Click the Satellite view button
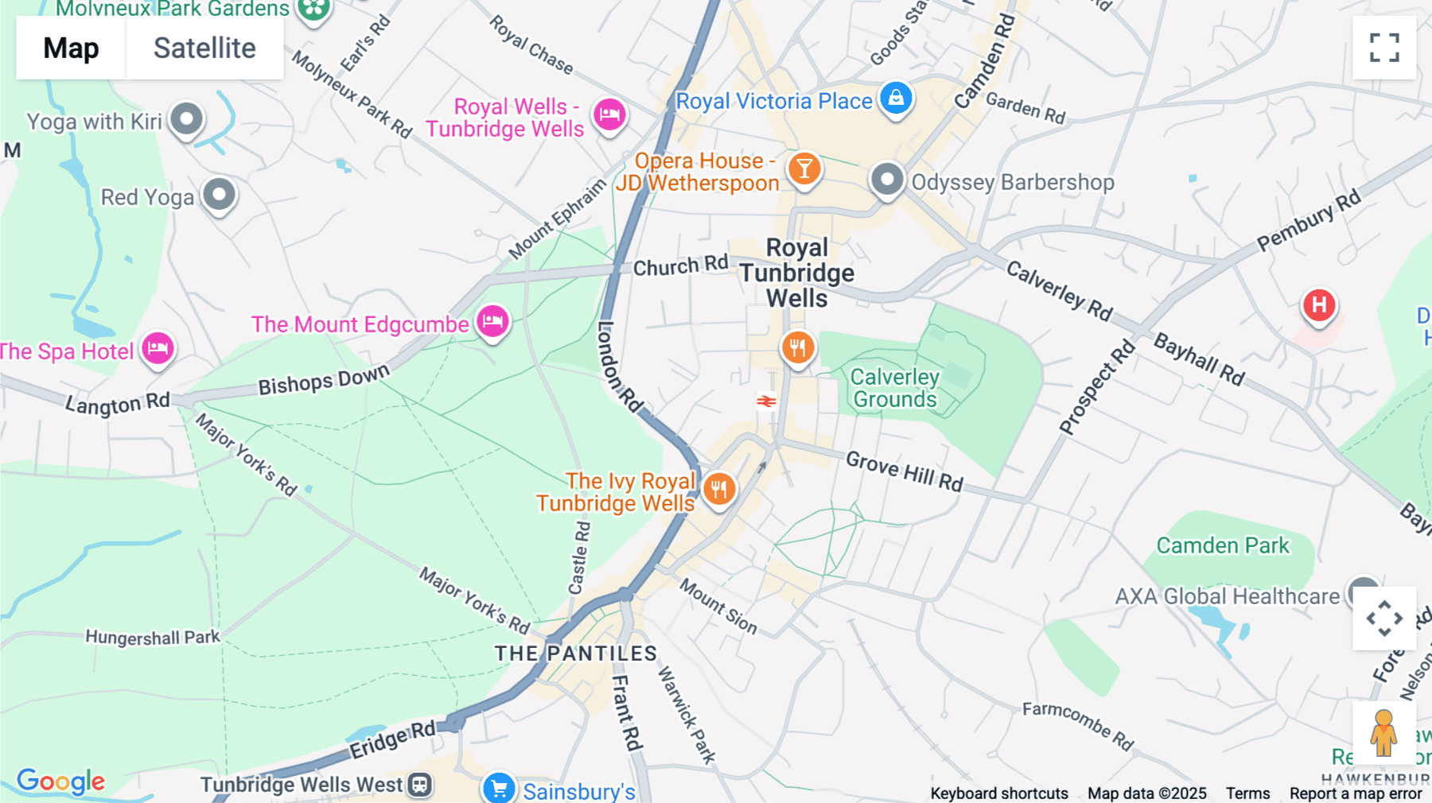204,48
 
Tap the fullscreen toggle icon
1384,48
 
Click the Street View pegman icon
1383,733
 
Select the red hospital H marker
1319,305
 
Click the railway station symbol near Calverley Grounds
766,401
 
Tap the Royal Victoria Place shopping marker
896,99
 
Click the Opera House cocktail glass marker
804,169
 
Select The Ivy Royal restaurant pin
719,489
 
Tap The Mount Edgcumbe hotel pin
492,322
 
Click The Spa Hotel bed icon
158,348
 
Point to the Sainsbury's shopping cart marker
499,789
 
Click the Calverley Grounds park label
895,388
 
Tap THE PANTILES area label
576,654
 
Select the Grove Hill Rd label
905,471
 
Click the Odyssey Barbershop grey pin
887,180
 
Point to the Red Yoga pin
219,194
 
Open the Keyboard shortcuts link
999,793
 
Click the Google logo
60,782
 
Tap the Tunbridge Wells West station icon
419,785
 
